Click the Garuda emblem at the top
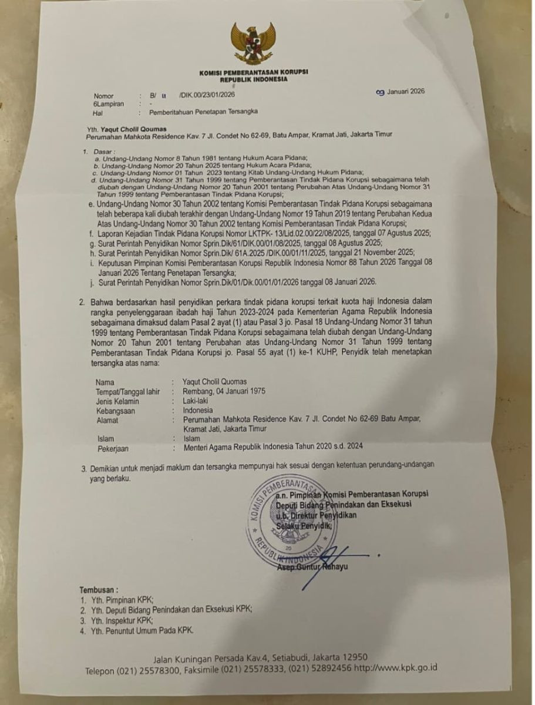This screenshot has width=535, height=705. pos(253,44)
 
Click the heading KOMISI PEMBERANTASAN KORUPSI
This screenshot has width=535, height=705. pos(253,72)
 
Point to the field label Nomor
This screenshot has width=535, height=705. pos(103,95)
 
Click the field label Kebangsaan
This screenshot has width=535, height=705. pos(116,411)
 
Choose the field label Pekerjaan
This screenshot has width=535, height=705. pos(115,448)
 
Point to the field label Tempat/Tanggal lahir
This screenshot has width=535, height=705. pos(128,391)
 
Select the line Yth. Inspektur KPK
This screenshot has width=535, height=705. pos(125,620)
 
